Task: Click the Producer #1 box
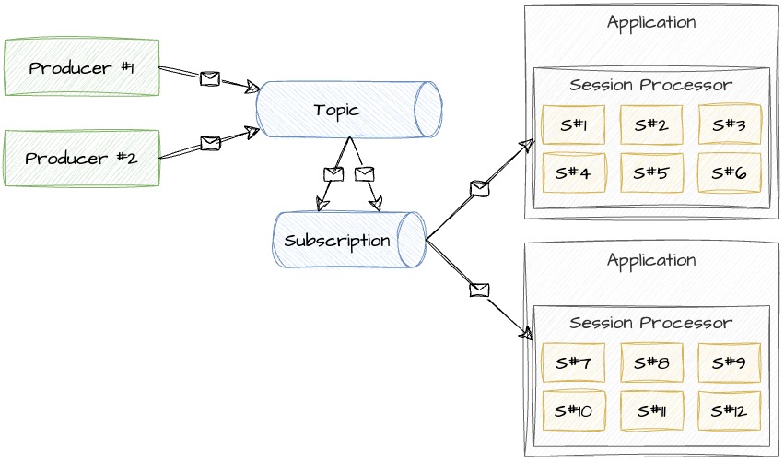(82, 67)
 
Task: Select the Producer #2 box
(82, 159)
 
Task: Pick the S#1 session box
(573, 125)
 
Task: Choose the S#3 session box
(730, 125)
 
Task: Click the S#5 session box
(651, 172)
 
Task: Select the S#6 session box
(730, 172)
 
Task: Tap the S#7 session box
(573, 362)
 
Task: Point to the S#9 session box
(730, 362)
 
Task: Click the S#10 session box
(573, 410)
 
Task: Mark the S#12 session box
(730, 410)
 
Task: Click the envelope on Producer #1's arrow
(210, 78)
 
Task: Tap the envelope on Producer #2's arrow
(210, 143)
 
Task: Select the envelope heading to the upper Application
(479, 188)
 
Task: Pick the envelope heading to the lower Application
(479, 290)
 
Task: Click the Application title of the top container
(651, 22)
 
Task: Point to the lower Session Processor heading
(651, 323)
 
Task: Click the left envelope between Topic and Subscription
(333, 174)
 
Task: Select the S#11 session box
(651, 410)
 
